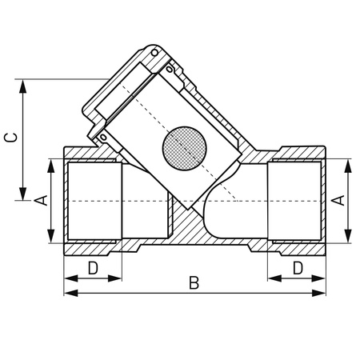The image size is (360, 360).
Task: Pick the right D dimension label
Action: click(298, 266)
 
